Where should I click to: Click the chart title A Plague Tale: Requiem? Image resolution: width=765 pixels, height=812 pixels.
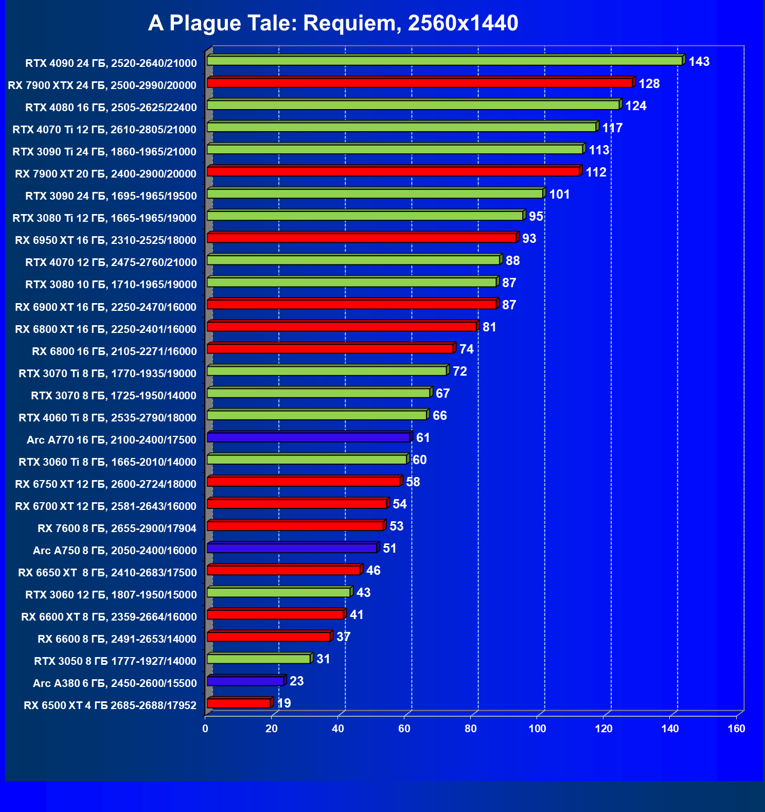(333, 23)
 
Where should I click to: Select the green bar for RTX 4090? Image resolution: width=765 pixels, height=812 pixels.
(444, 61)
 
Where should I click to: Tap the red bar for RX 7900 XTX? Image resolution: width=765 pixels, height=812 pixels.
(419, 83)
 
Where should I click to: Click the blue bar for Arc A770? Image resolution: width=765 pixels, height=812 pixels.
(309, 437)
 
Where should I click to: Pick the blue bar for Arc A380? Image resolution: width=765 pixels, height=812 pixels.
(245, 681)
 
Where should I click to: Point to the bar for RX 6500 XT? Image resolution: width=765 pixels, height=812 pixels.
(239, 703)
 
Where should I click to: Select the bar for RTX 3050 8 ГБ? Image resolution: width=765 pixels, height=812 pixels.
(259, 659)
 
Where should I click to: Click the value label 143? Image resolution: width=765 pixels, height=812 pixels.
(699, 62)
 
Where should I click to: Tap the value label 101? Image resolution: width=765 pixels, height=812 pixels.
(559, 195)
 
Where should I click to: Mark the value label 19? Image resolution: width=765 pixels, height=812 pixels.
(284, 703)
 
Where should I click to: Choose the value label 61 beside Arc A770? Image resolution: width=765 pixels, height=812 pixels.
(423, 438)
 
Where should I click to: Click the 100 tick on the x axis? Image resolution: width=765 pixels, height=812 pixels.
(537, 729)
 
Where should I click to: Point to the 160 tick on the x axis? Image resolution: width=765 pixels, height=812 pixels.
(737, 729)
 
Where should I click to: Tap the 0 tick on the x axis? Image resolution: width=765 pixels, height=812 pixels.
(205, 729)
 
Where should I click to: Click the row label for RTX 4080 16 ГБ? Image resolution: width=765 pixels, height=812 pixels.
(111, 108)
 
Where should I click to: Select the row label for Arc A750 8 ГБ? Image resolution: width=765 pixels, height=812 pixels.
(115, 551)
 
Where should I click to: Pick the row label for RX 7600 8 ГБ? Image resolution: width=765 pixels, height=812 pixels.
(117, 528)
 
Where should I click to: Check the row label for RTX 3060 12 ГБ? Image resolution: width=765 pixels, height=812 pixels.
(111, 595)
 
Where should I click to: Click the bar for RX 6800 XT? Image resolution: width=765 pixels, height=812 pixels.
(342, 327)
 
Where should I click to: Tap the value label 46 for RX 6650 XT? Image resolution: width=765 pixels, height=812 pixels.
(373, 571)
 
